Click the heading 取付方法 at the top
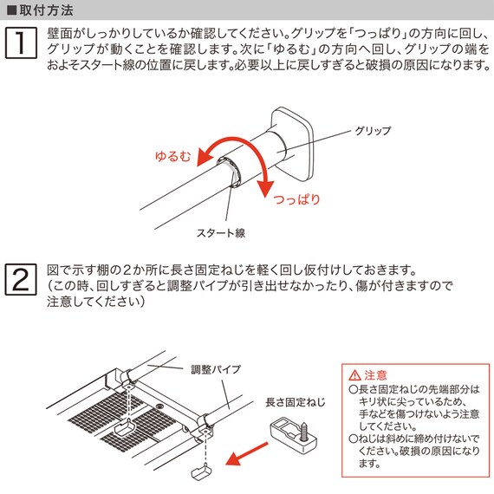[45, 11]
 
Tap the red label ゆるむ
[173, 157]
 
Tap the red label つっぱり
[296, 199]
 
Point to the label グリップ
[373, 131]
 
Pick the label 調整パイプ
[216, 369]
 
